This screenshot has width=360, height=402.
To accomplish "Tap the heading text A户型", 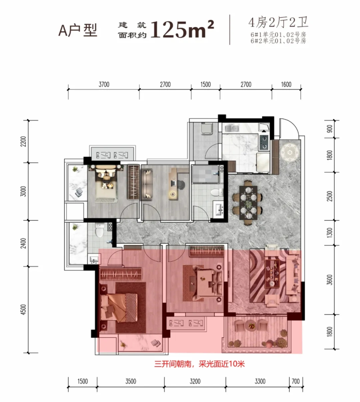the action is [x=78, y=31].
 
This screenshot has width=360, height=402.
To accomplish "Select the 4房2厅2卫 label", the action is [x=278, y=22].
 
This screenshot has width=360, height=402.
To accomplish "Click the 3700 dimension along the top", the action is [x=104, y=84].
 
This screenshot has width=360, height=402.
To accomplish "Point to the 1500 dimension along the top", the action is [x=205, y=84].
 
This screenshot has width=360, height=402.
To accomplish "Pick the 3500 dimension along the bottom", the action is [x=131, y=381].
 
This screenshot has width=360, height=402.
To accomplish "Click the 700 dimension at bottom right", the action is [x=295, y=381].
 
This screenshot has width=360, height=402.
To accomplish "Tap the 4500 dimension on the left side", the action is [x=23, y=310].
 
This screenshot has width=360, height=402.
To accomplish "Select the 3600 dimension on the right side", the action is [x=330, y=280].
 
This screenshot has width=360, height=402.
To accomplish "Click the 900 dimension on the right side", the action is [x=330, y=129].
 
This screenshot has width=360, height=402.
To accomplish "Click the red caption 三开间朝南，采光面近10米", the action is [x=199, y=364].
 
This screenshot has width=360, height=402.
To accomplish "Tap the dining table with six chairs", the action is [x=248, y=203].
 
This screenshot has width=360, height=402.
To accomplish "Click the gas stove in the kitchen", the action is [x=264, y=142].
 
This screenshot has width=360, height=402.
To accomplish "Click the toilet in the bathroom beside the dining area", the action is [x=217, y=192].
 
